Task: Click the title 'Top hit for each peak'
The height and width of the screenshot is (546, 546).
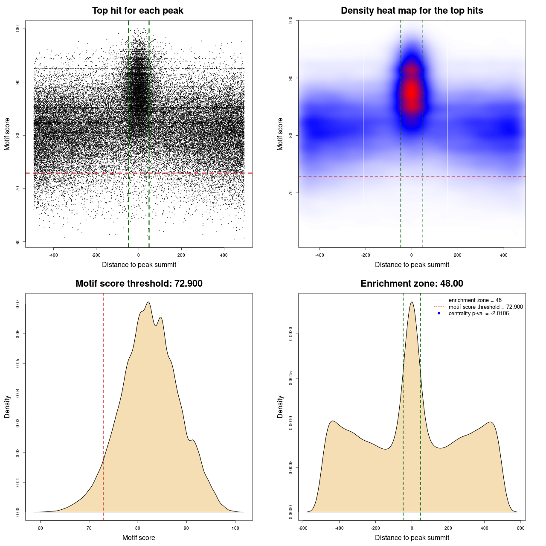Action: point(137,11)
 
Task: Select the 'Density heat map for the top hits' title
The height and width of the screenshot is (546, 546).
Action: point(412,11)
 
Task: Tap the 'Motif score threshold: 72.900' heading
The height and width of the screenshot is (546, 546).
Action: point(139,284)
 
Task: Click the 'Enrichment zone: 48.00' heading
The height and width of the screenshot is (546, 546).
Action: point(412,284)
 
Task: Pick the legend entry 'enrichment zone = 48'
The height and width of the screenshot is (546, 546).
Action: point(475,300)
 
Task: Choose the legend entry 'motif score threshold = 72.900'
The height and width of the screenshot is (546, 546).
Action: point(485,307)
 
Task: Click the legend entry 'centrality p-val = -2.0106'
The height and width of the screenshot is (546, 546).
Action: point(479,314)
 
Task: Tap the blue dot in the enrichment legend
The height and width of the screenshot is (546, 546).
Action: point(439,314)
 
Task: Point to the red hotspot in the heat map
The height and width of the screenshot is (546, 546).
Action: point(411,92)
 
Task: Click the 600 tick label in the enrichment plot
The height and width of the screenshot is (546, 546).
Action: point(520,528)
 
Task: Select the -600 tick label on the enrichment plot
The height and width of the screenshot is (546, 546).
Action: point(303,528)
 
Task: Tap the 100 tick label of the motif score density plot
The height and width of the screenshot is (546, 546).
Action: point(235,528)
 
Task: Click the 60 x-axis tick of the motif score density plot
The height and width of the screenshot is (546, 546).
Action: point(41,528)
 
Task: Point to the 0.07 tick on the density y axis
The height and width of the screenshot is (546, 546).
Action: point(18,304)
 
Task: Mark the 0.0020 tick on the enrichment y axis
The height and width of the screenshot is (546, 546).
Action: point(291,334)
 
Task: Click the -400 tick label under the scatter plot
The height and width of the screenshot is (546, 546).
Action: point(53,255)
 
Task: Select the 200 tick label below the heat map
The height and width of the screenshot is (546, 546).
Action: point(458,255)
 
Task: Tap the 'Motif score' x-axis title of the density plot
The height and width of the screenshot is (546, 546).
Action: point(139,537)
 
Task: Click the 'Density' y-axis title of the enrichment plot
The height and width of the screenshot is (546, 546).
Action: point(280,407)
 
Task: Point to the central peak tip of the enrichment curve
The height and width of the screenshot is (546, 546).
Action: point(412,302)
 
